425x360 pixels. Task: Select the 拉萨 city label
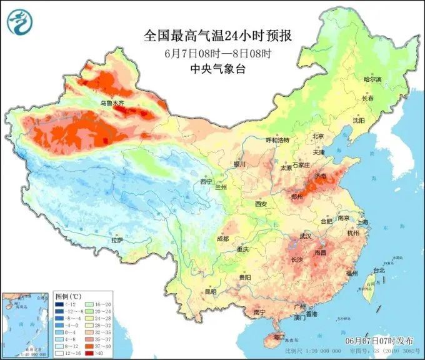[x=117, y=240]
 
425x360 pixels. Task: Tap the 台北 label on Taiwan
[x=379, y=271]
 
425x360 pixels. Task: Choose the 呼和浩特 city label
[x=278, y=140]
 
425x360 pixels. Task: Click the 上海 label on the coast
[x=362, y=222]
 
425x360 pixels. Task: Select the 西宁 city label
[x=206, y=182]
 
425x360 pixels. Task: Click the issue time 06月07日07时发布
[x=379, y=341]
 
